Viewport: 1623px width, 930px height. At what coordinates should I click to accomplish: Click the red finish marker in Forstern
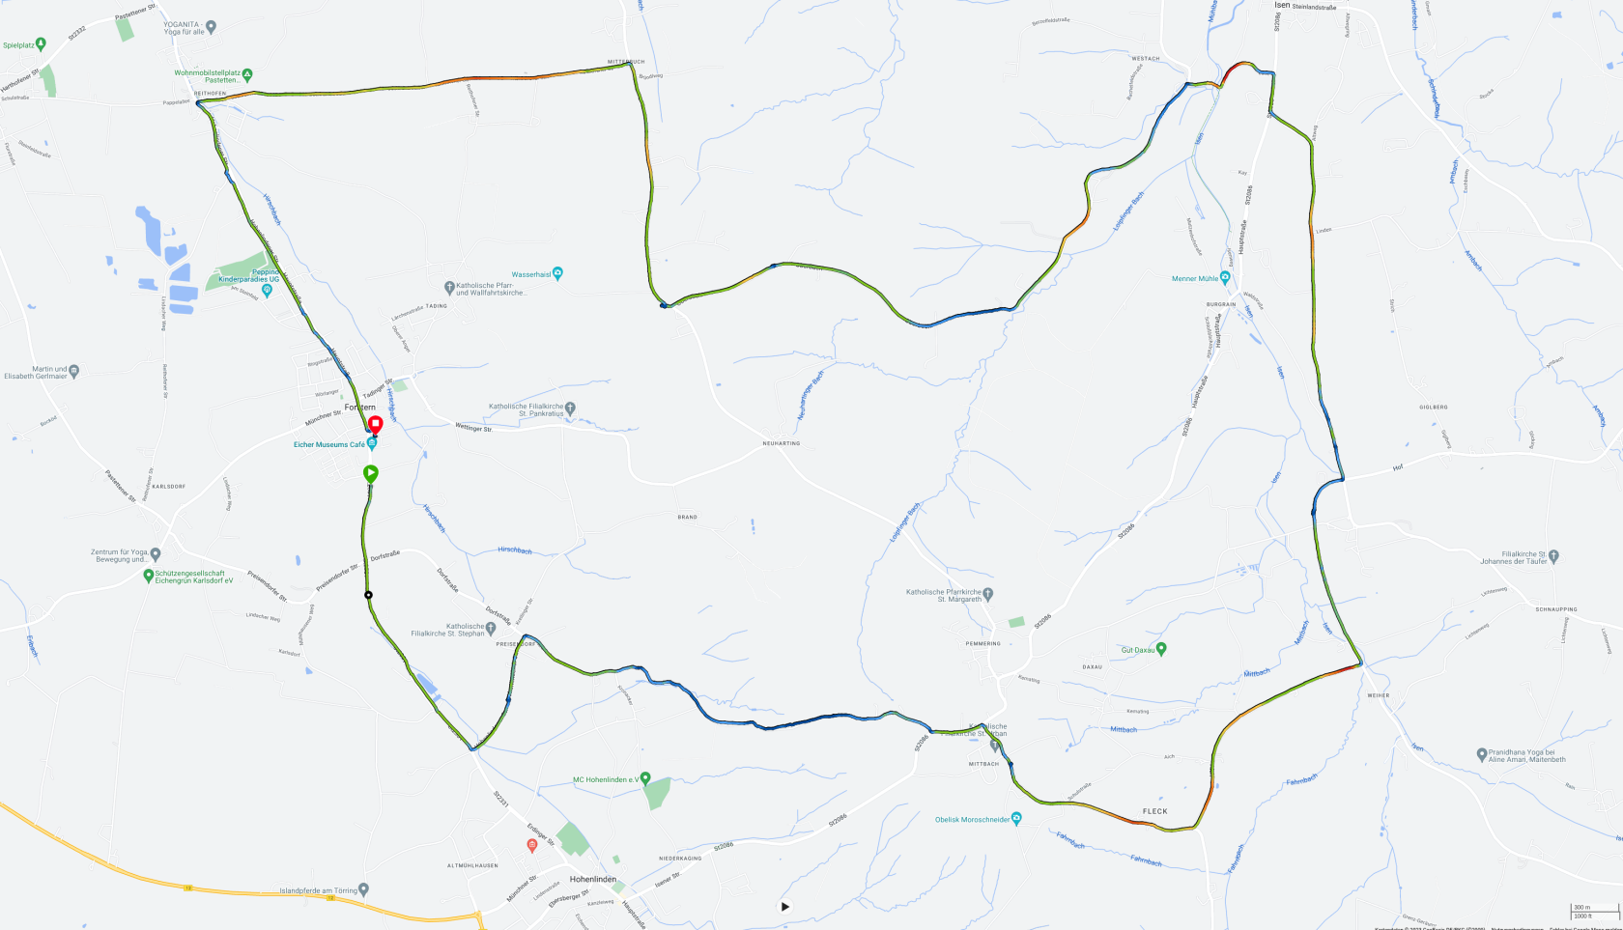coord(376,424)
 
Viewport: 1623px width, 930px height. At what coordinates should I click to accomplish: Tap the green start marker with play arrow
coord(370,473)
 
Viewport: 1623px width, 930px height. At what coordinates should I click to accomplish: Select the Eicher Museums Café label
coord(330,445)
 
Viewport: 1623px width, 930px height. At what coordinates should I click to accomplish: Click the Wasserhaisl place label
coord(531,274)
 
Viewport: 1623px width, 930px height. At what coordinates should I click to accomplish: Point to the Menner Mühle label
coord(1195,278)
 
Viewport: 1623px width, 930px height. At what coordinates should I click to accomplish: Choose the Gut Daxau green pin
coord(1161,649)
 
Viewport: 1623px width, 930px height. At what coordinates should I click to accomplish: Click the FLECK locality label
coord(1154,811)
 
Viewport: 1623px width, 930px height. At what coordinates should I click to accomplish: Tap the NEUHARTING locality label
coord(781,443)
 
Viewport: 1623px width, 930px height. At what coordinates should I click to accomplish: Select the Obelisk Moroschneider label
coord(972,820)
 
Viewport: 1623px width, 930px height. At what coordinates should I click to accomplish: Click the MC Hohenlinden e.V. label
coord(606,779)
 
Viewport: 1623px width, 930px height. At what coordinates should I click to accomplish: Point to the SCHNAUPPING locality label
coord(1555,609)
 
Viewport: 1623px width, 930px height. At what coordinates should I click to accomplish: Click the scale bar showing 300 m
coord(1593,908)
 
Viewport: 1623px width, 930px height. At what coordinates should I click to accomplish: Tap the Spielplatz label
coord(18,45)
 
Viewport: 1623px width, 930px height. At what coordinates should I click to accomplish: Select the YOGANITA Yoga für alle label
coord(185,28)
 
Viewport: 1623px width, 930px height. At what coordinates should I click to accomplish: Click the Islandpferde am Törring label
coord(318,890)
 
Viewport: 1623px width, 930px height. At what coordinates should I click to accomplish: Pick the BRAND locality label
coord(687,517)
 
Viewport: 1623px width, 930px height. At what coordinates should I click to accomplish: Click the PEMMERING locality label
coord(982,643)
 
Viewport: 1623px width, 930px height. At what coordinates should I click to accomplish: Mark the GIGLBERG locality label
coord(1433,407)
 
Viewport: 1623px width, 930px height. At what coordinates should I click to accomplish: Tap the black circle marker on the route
coord(368,595)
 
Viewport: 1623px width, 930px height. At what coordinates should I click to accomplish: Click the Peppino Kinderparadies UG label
coord(248,276)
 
